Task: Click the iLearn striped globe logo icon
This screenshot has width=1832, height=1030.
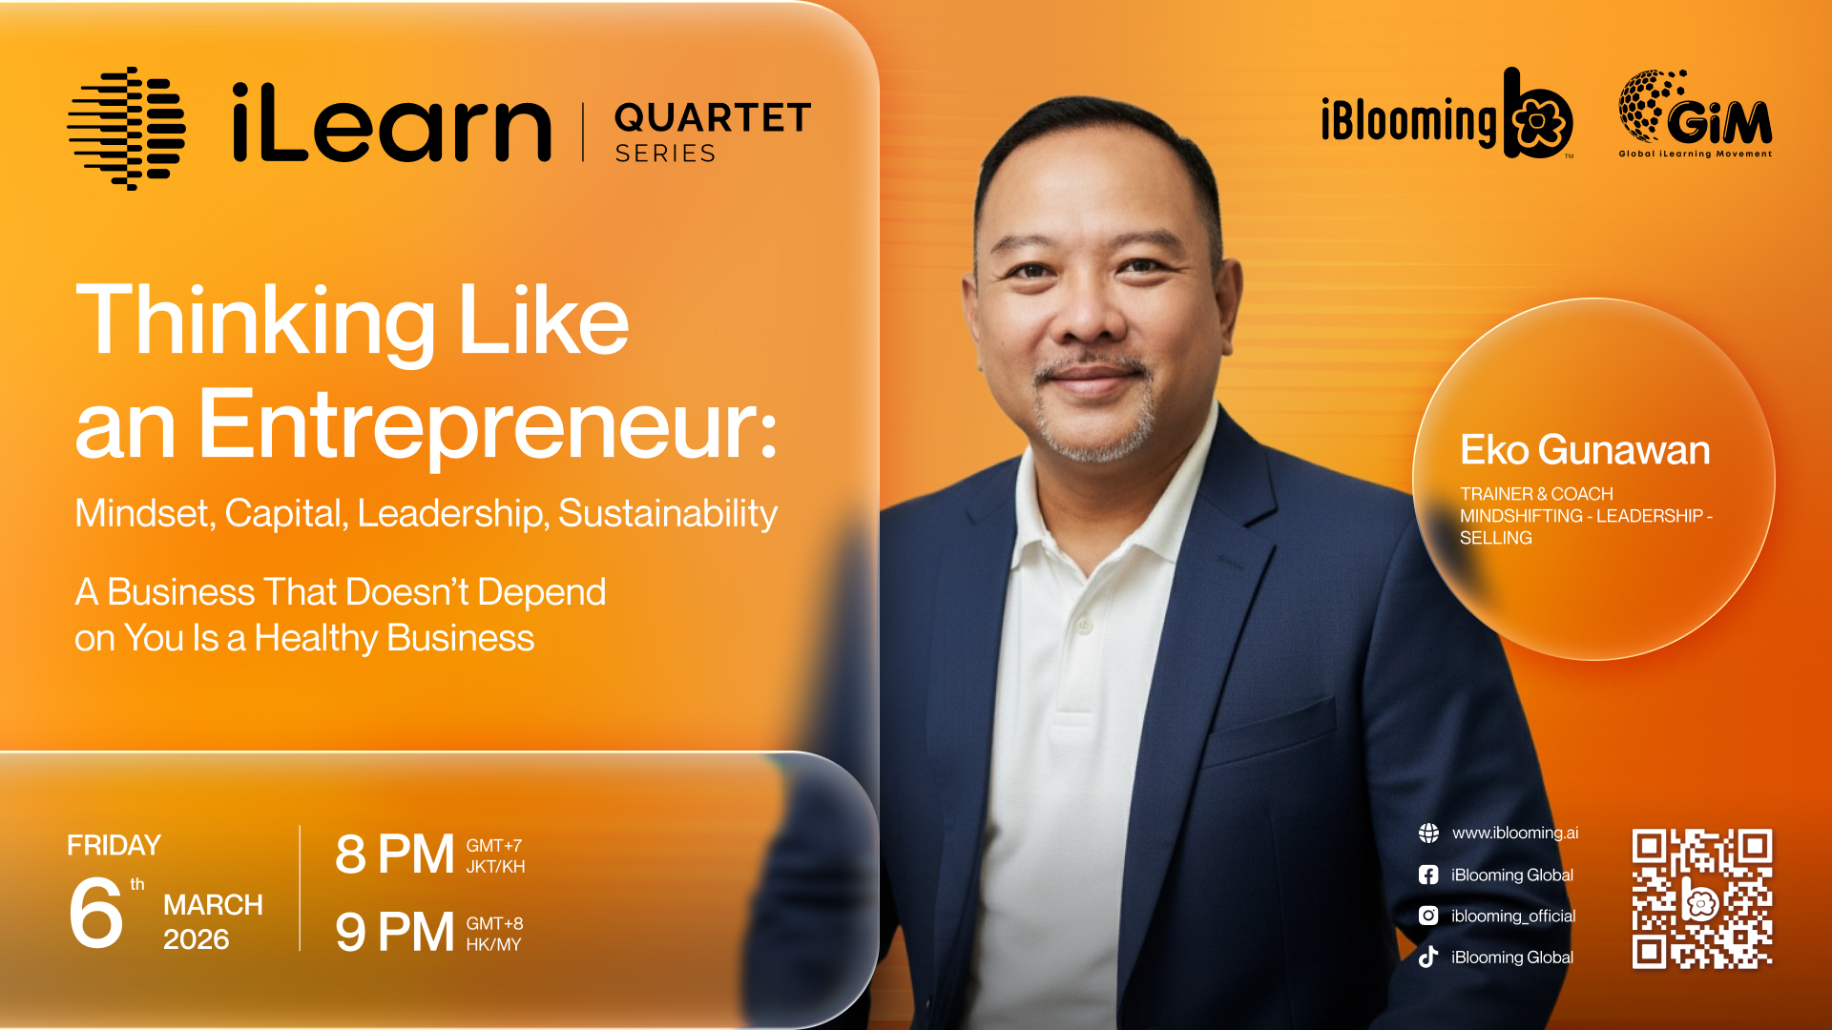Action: pos(126,129)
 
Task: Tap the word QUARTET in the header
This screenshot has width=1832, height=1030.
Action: pos(713,118)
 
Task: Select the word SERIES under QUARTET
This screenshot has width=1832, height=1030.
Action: pos(665,154)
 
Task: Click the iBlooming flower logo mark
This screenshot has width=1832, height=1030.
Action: pos(1538,113)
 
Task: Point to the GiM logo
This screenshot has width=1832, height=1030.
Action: pos(1696,113)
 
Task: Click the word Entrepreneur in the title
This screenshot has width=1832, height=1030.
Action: pos(487,426)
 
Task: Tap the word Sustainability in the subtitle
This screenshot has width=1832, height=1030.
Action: pos(668,514)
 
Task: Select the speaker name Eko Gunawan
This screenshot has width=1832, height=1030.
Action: pos(1585,450)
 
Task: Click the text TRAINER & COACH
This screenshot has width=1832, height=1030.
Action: pos(1536,494)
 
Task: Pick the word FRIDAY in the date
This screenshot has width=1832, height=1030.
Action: pos(114,846)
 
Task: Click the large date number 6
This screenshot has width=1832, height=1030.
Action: pos(95,913)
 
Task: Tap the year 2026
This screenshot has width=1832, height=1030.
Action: pos(197,940)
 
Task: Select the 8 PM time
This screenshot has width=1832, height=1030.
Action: pos(394,855)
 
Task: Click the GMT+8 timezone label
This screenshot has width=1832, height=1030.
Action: pos(494,923)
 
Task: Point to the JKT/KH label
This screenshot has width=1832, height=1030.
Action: pos(495,867)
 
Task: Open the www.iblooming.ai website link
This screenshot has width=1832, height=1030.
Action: pos(1515,833)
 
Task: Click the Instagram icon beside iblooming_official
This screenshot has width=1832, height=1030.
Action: pos(1428,916)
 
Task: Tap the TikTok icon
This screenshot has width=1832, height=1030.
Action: pos(1428,957)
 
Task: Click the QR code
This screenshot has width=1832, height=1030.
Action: pos(1702,899)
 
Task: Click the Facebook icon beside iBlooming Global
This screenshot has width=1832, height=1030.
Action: pos(1428,875)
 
